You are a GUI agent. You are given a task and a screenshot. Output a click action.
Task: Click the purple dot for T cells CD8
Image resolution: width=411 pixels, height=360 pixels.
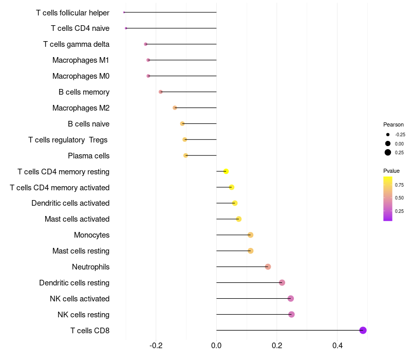363,330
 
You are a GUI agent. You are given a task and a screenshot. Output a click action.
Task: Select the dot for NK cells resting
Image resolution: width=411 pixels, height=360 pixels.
291,314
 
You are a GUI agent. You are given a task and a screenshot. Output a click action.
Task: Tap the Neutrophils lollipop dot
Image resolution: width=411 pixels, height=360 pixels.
268,266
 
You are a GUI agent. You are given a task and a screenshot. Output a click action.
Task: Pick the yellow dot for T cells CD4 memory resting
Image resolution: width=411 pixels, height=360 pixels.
226,171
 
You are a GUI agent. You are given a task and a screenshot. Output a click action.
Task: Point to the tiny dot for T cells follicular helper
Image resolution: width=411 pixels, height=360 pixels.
124,12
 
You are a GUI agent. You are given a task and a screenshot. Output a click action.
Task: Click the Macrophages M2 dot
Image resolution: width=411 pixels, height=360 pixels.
175,107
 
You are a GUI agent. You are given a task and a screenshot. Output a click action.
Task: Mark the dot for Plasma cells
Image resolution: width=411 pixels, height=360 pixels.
185,155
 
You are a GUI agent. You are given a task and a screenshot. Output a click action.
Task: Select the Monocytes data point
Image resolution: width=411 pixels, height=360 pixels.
250,235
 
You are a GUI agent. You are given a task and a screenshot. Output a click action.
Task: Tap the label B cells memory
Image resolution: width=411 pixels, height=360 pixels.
84,92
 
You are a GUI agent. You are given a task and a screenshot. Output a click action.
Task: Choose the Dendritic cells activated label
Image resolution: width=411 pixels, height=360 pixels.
70,203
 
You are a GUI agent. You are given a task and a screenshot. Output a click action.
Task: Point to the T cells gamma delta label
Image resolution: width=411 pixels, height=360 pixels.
76,44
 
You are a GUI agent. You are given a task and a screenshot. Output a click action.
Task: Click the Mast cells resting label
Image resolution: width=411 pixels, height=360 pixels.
81,251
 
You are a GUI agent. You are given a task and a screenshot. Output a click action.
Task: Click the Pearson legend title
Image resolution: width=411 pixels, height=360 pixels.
394,124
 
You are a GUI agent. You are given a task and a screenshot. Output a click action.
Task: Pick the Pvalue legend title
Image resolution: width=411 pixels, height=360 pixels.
391,171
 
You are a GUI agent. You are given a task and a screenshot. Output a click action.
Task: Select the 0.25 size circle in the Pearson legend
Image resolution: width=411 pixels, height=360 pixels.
388,152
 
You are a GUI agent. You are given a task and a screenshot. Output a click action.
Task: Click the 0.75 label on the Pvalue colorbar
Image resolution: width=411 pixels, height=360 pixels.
399,185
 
